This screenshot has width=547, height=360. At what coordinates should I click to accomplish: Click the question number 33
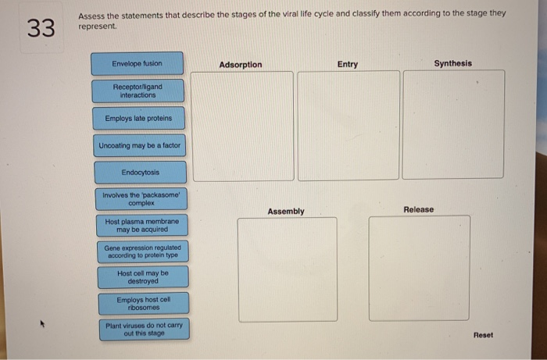[41, 29]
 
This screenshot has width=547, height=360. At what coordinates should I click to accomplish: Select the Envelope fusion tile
[137, 63]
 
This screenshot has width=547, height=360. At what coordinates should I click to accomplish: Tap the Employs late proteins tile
[138, 119]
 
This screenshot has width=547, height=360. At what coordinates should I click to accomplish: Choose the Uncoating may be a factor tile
[139, 146]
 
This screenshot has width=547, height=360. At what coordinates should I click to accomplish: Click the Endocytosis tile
[140, 173]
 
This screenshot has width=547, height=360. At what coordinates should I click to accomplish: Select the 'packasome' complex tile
[141, 199]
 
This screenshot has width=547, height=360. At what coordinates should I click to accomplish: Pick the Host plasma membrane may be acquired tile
[141, 226]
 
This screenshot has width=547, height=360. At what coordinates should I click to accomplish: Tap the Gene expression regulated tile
[142, 252]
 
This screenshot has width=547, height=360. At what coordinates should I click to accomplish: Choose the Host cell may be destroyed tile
[142, 277]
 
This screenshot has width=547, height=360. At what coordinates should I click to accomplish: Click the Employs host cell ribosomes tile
[143, 303]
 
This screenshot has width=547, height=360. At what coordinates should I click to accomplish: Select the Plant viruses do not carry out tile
[145, 329]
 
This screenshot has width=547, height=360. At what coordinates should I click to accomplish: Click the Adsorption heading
[241, 65]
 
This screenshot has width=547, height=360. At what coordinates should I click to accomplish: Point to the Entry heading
[348, 64]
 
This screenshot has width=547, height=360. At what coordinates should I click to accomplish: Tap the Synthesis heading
[453, 63]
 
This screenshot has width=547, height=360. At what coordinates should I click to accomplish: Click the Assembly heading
[286, 212]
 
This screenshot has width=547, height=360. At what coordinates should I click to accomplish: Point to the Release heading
[418, 210]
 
